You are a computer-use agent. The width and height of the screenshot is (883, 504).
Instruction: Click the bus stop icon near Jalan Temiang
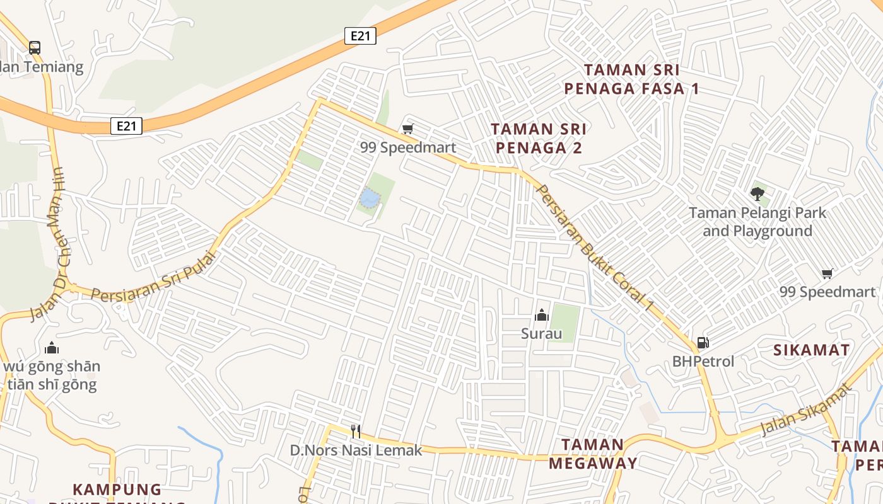[x=35, y=47]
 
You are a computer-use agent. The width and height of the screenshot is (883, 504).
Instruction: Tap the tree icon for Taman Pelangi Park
[x=757, y=193]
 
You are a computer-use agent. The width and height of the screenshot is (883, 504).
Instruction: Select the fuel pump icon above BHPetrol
[x=703, y=343]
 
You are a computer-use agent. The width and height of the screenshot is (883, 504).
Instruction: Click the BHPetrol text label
[x=703, y=362]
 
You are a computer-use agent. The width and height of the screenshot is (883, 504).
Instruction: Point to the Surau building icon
[x=541, y=315]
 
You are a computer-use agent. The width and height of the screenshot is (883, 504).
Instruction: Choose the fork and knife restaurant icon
[x=356, y=432]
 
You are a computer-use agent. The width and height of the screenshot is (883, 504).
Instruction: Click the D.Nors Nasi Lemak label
[x=356, y=450]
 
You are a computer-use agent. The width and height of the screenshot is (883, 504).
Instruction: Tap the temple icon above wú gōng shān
[x=52, y=348]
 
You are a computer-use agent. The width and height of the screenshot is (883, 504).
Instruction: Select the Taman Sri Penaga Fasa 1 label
[x=631, y=79]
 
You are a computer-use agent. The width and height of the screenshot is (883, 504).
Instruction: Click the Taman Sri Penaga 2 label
[x=539, y=138]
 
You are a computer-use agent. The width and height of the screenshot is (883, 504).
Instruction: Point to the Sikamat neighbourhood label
[x=811, y=350]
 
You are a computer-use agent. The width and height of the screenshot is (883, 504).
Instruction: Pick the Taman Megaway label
[x=592, y=454]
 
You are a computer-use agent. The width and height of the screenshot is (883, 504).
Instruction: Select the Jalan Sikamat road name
[x=806, y=409]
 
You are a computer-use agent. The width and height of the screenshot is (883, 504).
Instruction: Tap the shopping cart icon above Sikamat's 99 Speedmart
[x=827, y=273]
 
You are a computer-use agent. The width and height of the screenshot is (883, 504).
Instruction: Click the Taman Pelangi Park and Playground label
[x=757, y=222]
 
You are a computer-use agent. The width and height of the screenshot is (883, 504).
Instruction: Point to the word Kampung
[x=117, y=490]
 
